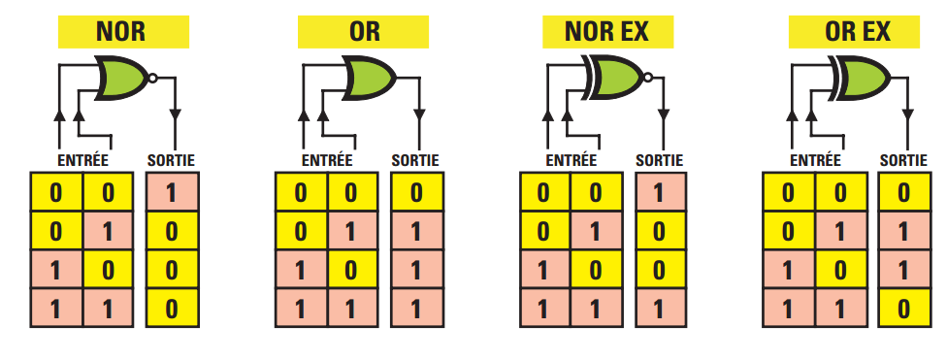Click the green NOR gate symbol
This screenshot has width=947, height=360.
tap(120, 78)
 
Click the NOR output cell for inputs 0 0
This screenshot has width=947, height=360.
tap(172, 192)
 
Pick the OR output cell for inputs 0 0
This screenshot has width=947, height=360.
tap(416, 192)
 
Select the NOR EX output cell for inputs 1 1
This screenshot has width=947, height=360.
tap(661, 309)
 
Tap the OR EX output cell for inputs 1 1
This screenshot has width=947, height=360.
tap(904, 309)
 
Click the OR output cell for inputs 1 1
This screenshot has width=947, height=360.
tap(416, 309)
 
